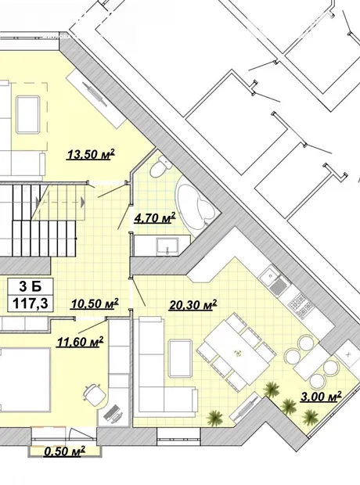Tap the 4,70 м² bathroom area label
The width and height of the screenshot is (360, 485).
click(154, 218)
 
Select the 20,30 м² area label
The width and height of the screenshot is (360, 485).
click(193, 305)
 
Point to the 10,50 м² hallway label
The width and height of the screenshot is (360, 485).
click(95, 304)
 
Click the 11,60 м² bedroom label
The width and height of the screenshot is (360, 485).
click(80, 342)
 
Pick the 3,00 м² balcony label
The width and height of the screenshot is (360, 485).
click(321, 397)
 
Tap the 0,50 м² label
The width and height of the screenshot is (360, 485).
click(64, 451)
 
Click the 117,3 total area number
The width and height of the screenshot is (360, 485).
click(31, 304)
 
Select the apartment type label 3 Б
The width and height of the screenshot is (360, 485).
click(30, 286)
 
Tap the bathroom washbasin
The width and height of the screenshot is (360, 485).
click(167, 246)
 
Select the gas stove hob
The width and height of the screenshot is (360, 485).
click(301, 304)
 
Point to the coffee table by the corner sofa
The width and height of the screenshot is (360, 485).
click(181, 358)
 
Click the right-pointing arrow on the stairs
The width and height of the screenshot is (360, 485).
click(82, 203)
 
